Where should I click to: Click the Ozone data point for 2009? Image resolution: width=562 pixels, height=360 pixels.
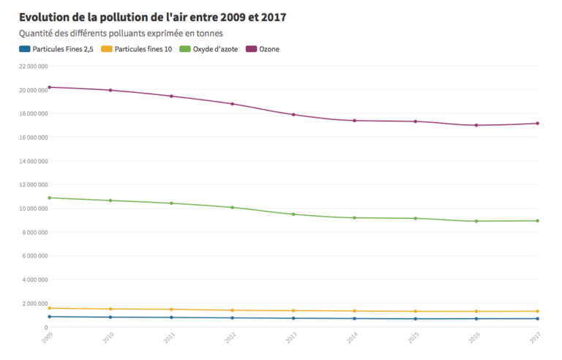pos(49,87)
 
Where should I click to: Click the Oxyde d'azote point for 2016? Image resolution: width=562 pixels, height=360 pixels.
pos(476,221)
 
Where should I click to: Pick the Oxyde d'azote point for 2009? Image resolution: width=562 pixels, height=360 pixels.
pos(49,198)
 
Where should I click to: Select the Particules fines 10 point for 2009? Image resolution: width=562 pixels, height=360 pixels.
pos(49,308)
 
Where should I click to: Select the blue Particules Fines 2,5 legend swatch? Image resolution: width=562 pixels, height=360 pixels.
pos(24,49)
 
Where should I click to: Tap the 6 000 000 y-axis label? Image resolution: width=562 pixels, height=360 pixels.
pos(34,255)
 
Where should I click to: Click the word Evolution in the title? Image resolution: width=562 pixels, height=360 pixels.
pos(46,17)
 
